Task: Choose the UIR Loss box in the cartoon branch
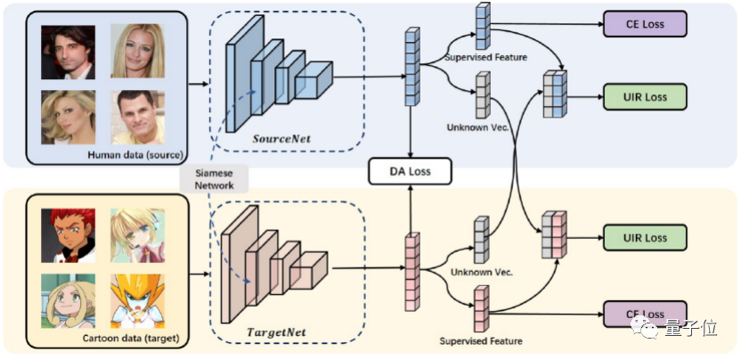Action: point(646,238)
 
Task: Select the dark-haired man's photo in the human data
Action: point(68,52)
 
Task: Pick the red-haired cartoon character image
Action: point(68,233)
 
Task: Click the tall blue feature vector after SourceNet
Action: point(411,67)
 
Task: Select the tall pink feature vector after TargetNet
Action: point(411,268)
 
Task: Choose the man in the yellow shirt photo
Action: point(137,117)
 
